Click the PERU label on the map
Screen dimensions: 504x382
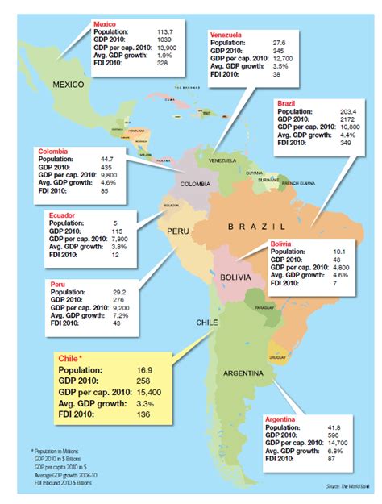coord(178,231)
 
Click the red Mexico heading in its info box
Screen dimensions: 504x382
coord(105,25)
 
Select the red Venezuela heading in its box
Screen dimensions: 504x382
coord(227,36)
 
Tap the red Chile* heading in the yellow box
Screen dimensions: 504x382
coord(71,357)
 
